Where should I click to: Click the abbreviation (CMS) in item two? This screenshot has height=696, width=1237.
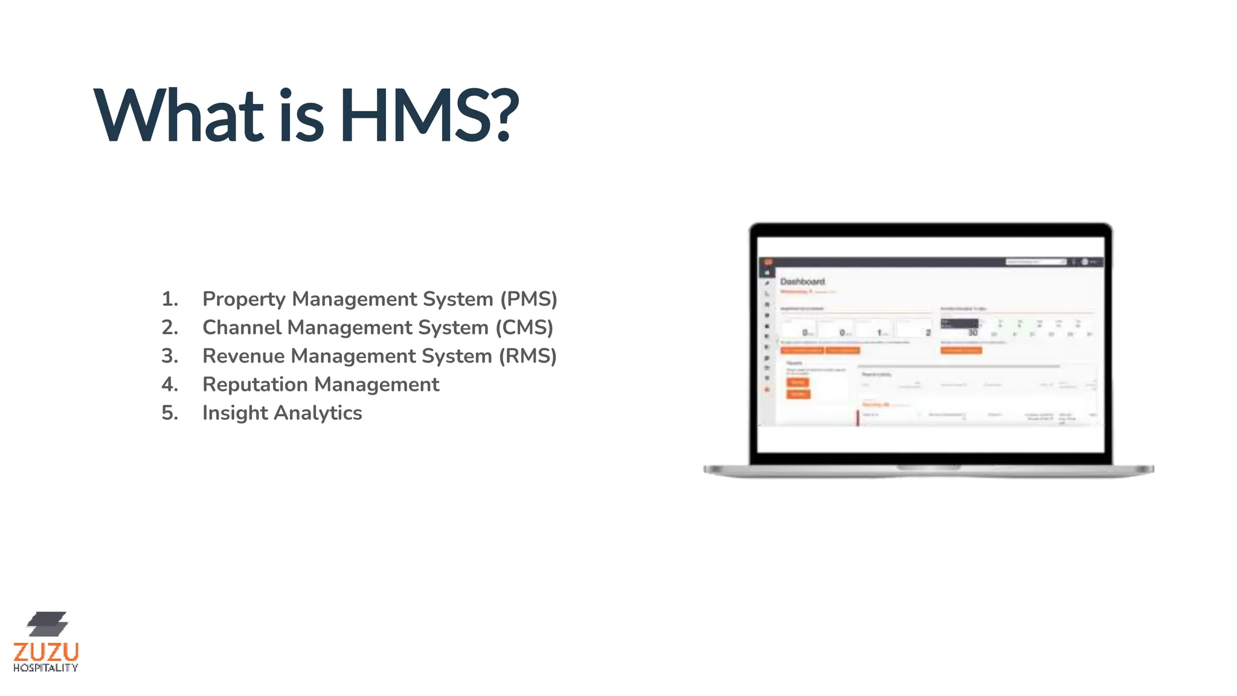[x=524, y=327]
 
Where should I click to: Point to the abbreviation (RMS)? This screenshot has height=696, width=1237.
[x=527, y=356]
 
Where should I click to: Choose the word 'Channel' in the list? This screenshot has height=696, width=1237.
[x=242, y=327]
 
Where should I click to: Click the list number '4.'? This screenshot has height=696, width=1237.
[x=170, y=384]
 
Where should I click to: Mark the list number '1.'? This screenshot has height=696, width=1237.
[x=170, y=299]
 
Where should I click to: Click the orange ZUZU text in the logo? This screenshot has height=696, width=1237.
[x=46, y=652]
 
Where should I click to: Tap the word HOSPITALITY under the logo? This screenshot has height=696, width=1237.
[x=46, y=668]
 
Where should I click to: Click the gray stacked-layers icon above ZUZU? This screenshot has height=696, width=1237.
[x=47, y=624]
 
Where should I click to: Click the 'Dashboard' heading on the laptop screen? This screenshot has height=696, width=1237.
[x=802, y=282]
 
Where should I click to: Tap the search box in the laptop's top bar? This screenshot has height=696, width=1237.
[x=1035, y=262]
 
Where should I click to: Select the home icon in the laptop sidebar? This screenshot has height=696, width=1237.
[x=768, y=273]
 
